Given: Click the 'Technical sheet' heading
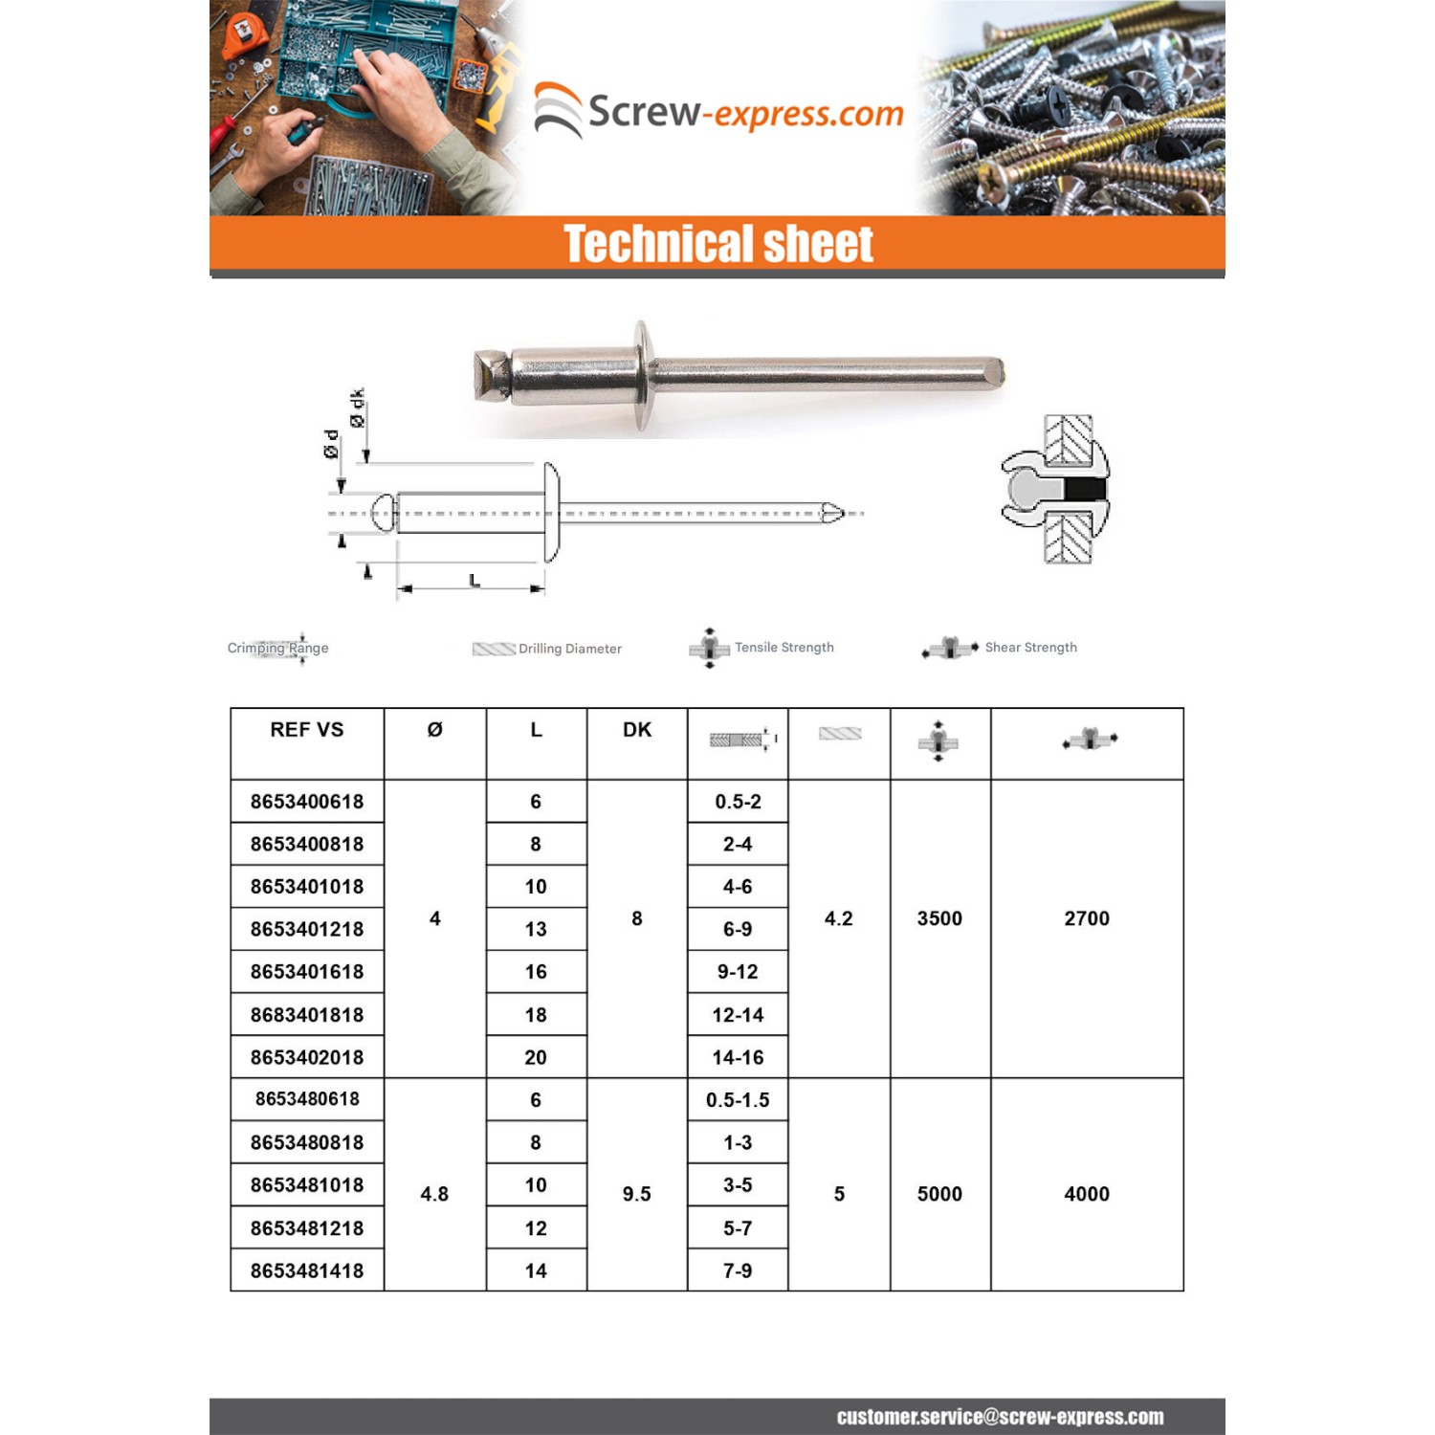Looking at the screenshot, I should coord(717,244).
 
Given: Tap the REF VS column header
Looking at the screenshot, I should coord(306,730).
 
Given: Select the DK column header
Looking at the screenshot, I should coord(637,730).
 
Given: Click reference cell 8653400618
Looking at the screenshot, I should coord(307,802).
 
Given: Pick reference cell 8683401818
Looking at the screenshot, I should coord(307,1015).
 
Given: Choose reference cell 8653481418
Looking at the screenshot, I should coord(307,1270).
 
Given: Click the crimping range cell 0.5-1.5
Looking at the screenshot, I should coord(738,1100).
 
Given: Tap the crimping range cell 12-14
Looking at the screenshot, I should coord(738,1015).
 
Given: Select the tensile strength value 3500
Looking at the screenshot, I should coord(939,918).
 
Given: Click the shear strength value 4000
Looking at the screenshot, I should coord(1087,1194).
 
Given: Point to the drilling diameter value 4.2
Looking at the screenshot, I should coord(839,918).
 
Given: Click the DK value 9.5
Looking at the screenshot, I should coord(637,1194).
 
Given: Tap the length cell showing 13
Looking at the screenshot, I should coord(536,929).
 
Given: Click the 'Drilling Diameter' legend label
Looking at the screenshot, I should coord(570,649).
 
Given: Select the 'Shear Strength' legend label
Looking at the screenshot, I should coord(1030,648).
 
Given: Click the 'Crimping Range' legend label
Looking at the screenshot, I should coord(277,648).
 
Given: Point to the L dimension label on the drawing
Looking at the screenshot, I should coord(475,581).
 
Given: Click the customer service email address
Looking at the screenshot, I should coord(1000,1417).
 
